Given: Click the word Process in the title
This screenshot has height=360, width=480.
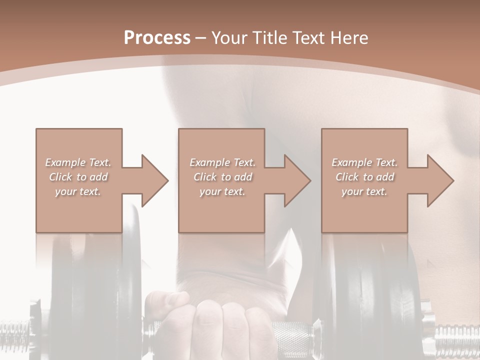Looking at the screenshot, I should click(x=157, y=38).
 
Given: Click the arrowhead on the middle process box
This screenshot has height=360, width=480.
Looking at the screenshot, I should click(x=297, y=180).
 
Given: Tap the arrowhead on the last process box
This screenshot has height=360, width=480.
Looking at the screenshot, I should click(x=440, y=180).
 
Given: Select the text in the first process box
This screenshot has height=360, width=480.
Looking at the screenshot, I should click(x=78, y=177).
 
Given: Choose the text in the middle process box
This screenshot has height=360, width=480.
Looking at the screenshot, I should click(x=222, y=177).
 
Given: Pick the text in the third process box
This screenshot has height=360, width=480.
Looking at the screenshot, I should click(x=364, y=177).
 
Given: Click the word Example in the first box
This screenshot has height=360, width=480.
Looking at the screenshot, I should click(x=65, y=162).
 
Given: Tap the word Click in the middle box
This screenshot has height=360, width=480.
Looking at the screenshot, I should click(x=204, y=177).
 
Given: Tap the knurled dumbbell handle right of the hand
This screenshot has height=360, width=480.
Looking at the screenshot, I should click(x=290, y=332).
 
